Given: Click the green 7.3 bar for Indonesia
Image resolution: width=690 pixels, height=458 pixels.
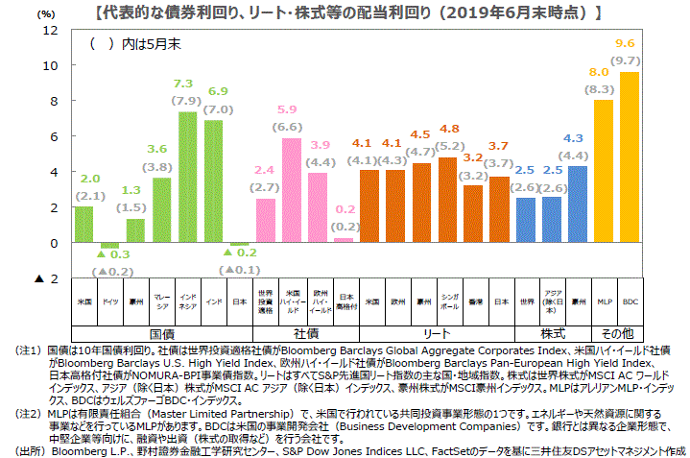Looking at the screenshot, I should point(188,178).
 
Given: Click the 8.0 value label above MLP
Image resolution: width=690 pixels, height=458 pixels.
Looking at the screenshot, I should point(600,72).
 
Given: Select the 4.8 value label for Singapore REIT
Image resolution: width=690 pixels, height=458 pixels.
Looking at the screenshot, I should point(449,129).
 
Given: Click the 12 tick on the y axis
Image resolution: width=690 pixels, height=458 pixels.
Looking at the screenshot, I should point(51,30).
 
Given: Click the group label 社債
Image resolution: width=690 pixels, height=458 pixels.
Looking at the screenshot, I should point(306,332).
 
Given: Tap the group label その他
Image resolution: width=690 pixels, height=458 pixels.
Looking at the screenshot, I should point(617,332).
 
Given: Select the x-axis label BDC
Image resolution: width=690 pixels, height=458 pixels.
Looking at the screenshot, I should point(631,301).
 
